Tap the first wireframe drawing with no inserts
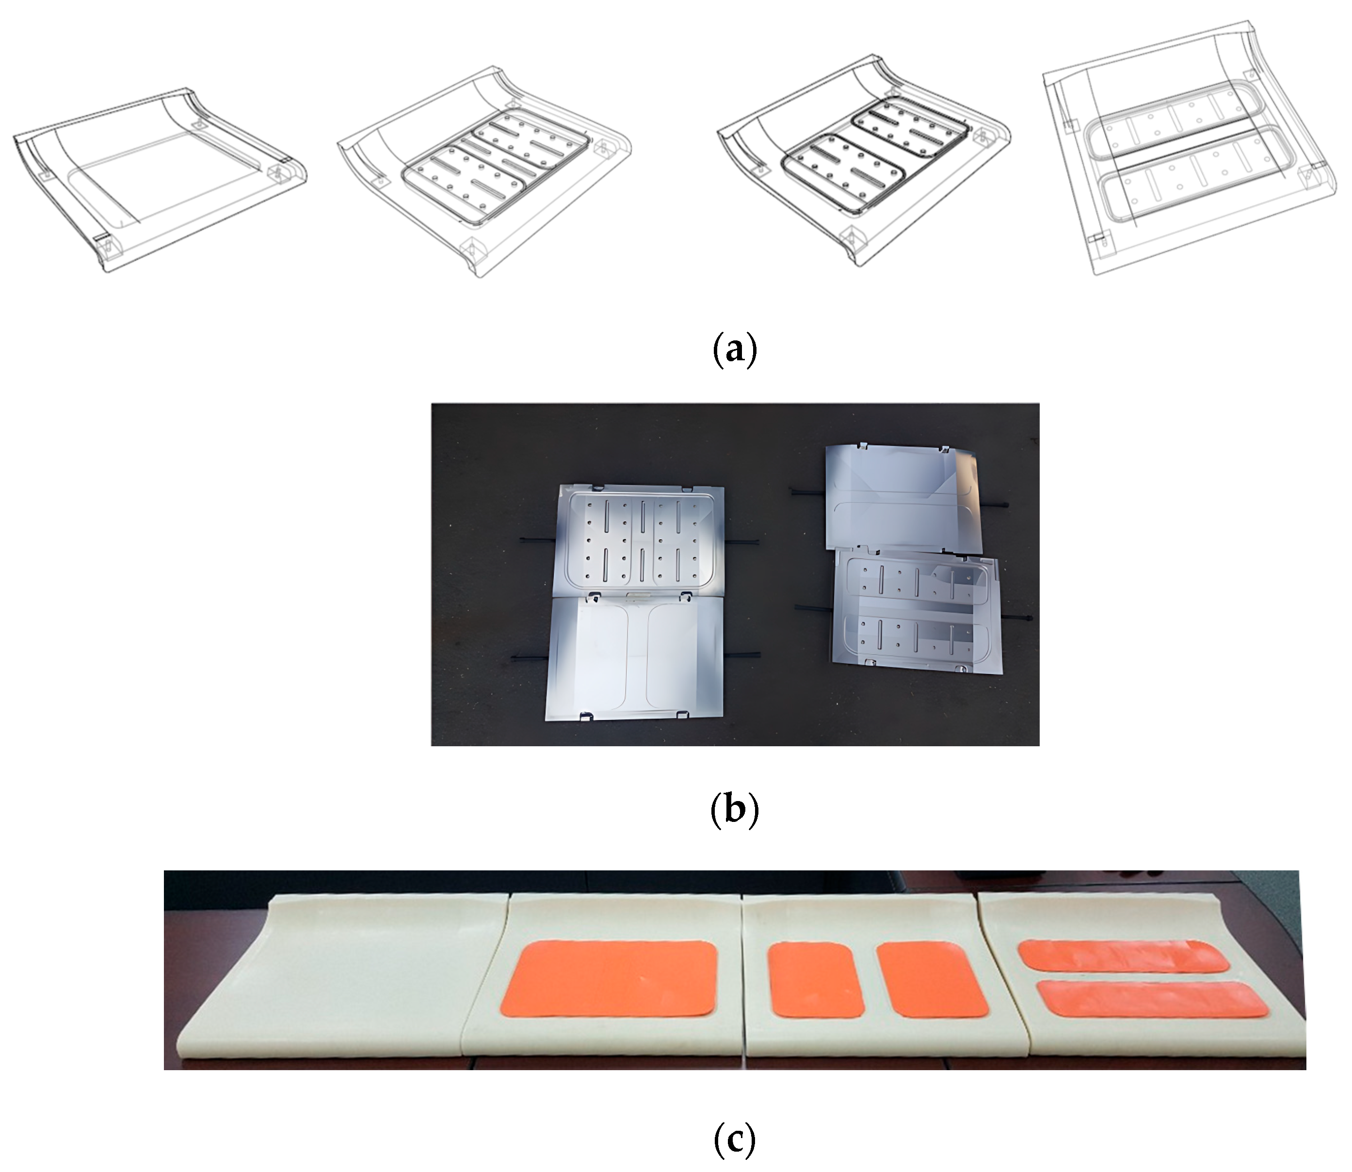point(160,180)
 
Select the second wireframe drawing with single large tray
point(484,171)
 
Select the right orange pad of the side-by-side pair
point(932,979)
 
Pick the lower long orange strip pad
point(1153,999)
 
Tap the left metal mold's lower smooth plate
point(636,657)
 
